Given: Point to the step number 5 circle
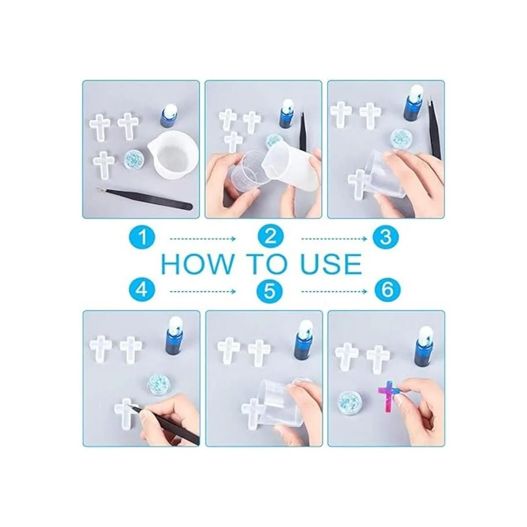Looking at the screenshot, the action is coord(269,292).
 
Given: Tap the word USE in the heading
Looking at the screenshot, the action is coord(332,264).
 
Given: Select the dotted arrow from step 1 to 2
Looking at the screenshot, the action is coord(202,239).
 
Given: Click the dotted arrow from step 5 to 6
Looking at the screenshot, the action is coord(335,292).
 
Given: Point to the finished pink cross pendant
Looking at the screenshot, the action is coord(386,398).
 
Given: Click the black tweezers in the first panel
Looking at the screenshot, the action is coord(144,197).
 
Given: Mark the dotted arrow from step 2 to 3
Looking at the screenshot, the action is coord(335,239).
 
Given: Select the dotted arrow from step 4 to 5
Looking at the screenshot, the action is coord(202,292).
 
